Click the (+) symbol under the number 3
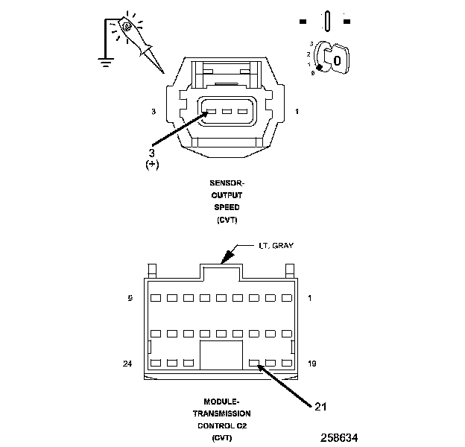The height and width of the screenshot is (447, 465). pyautogui.click(x=153, y=164)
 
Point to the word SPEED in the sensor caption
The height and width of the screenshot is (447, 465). pyautogui.click(x=227, y=208)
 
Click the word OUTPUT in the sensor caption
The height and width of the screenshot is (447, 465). pyautogui.click(x=227, y=195)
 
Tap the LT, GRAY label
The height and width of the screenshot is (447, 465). pyautogui.click(x=267, y=246)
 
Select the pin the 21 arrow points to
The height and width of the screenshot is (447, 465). pyautogui.click(x=254, y=364)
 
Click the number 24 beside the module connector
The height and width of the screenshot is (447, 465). pyautogui.click(x=127, y=364)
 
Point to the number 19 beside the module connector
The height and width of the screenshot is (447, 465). pyautogui.click(x=313, y=364)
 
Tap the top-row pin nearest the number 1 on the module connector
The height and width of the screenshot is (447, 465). pyautogui.click(x=287, y=298)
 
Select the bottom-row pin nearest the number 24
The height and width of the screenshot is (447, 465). pyautogui.click(x=156, y=364)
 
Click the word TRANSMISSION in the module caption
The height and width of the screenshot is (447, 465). pyautogui.click(x=227, y=413)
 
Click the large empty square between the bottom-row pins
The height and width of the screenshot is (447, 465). pyautogui.click(x=221, y=356)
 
